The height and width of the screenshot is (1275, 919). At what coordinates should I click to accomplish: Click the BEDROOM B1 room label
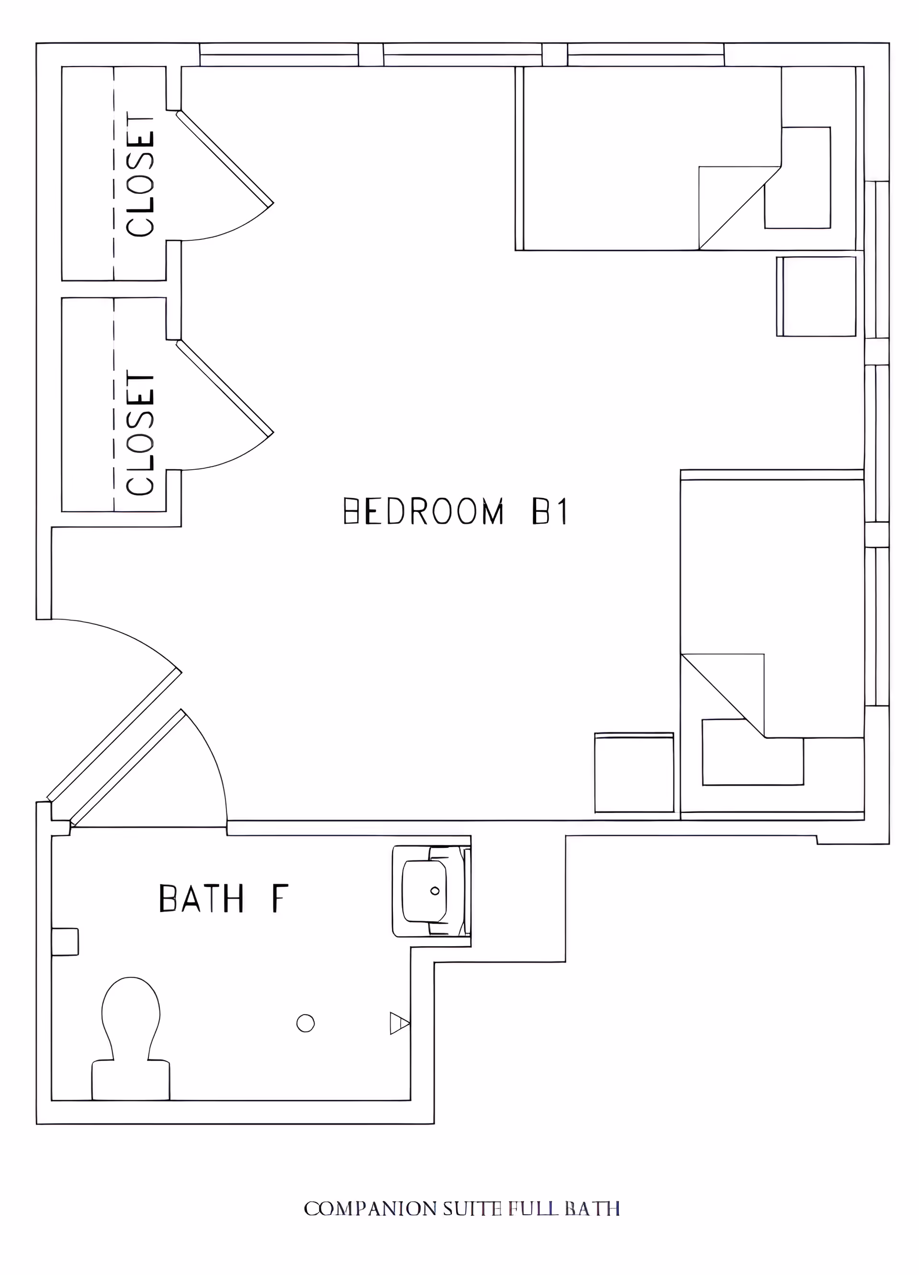point(455,511)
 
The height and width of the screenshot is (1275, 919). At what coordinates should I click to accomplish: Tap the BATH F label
point(224,898)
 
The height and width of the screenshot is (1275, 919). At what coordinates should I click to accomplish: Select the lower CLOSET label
point(140,433)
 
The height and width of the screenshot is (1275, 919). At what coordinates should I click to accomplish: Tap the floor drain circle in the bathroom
point(305,1023)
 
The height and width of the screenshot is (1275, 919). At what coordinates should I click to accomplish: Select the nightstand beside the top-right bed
point(817,296)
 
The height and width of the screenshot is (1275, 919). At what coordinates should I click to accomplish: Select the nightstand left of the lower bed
point(634,773)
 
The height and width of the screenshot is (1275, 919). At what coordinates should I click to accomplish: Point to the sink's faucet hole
point(435,891)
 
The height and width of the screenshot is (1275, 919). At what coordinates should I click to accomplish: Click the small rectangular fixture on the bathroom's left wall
point(65,942)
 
